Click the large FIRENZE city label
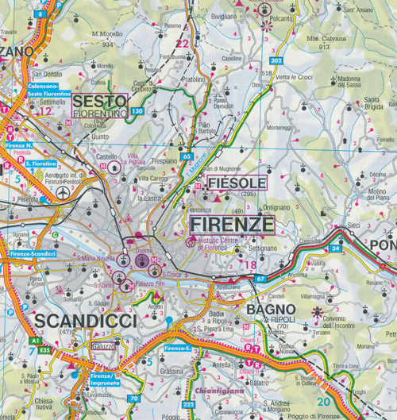[x=232, y=225]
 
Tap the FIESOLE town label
[x=236, y=183]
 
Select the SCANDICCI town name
[x=86, y=319]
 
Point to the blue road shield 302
[x=276, y=60]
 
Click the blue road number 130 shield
[x=138, y=111]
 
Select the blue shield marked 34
[x=336, y=249]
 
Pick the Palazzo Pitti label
[x=148, y=283]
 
